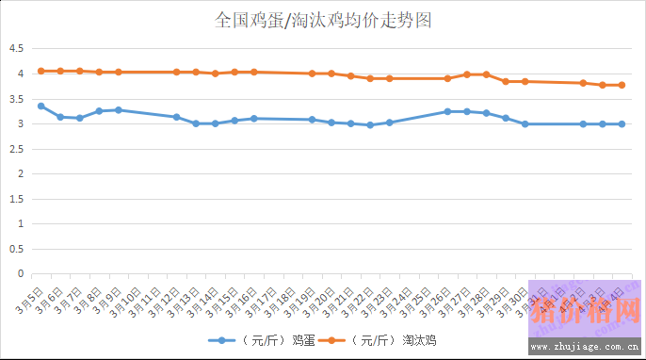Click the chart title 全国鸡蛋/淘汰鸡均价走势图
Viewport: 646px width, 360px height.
[x=323, y=21]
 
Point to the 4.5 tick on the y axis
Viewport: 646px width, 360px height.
[x=16, y=48]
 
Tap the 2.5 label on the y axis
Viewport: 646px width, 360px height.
[x=16, y=149]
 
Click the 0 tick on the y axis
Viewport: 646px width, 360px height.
[x=20, y=274]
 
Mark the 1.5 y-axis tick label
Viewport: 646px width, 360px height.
[x=16, y=199]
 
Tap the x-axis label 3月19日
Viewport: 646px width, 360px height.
[x=302, y=300]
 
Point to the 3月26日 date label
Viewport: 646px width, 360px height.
[x=438, y=300]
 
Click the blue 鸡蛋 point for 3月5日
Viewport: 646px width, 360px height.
[x=40, y=106]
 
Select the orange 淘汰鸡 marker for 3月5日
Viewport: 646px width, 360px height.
[x=40, y=71]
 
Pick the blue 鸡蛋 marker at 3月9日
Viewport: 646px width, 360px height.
[x=119, y=110]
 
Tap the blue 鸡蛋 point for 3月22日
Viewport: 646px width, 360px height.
[x=370, y=125]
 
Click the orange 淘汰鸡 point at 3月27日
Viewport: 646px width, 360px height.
[x=467, y=74]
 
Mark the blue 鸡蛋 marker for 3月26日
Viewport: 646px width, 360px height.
[x=447, y=111]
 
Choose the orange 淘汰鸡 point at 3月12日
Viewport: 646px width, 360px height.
[x=176, y=72]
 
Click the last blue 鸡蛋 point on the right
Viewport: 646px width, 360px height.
[x=622, y=123]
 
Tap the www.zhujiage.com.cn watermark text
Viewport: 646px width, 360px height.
[x=584, y=347]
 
